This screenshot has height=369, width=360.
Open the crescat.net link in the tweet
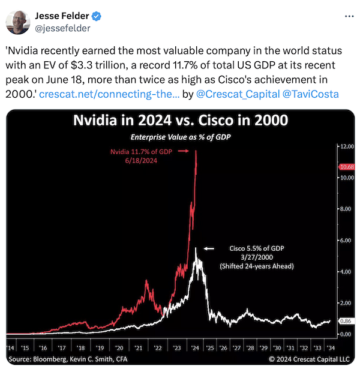pos(112,94)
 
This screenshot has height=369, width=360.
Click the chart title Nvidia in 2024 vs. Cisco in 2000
pos(181,121)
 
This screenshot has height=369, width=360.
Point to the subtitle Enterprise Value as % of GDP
pos(181,137)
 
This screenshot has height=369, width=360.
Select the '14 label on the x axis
pos(11,347)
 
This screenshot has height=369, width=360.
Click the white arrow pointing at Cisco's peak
pos(209,248)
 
